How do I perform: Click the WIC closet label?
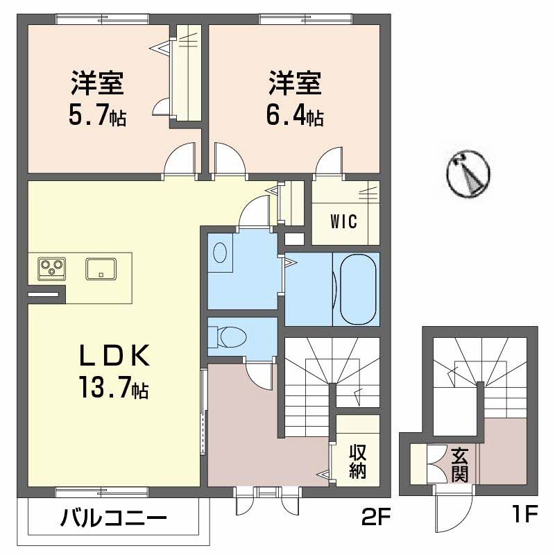343,223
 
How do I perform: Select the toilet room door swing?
259,375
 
